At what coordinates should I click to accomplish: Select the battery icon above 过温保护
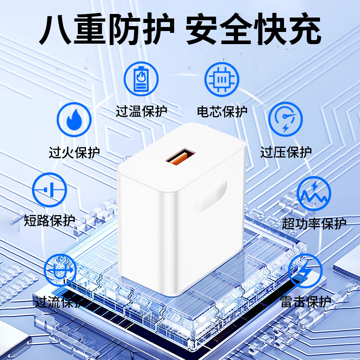pos(141,78)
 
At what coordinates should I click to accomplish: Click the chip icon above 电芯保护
pos(222,78)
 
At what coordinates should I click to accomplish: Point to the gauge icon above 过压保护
pos(285,119)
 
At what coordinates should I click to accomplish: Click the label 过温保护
pos(141,111)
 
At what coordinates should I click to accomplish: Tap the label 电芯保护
pos(222,111)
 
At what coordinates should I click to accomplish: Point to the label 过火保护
pos(74,152)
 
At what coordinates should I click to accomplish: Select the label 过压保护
pos(286,152)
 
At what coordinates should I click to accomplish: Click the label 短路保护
pos(49,221)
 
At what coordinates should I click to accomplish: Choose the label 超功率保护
pos(314,223)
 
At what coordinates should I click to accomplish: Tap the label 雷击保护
pos(306,301)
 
